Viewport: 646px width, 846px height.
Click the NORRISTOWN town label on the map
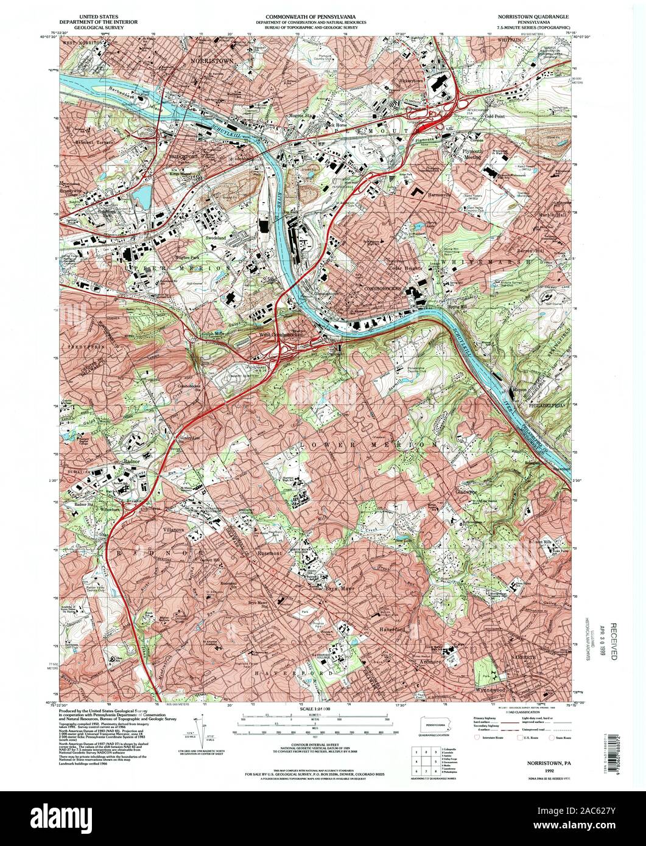tap(212, 61)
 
